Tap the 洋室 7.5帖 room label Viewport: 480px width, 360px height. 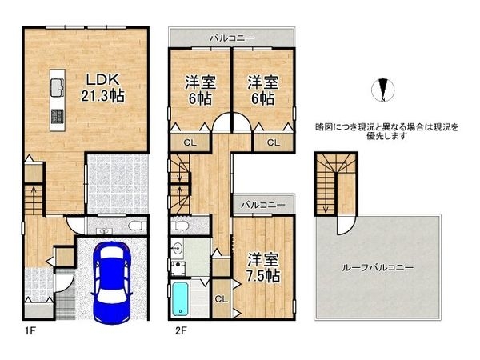pos(262,267)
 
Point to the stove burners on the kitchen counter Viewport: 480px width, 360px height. pos(58,118)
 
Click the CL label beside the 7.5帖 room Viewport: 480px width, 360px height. pos(222,299)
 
